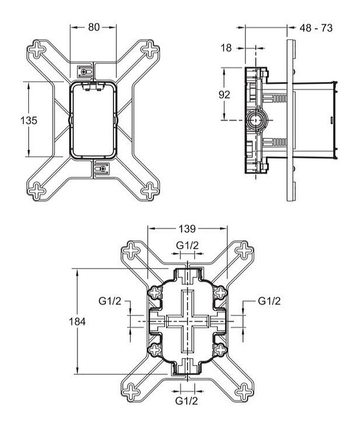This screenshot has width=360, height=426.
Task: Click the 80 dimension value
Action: (x=93, y=27)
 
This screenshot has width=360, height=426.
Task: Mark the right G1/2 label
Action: (x=270, y=301)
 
